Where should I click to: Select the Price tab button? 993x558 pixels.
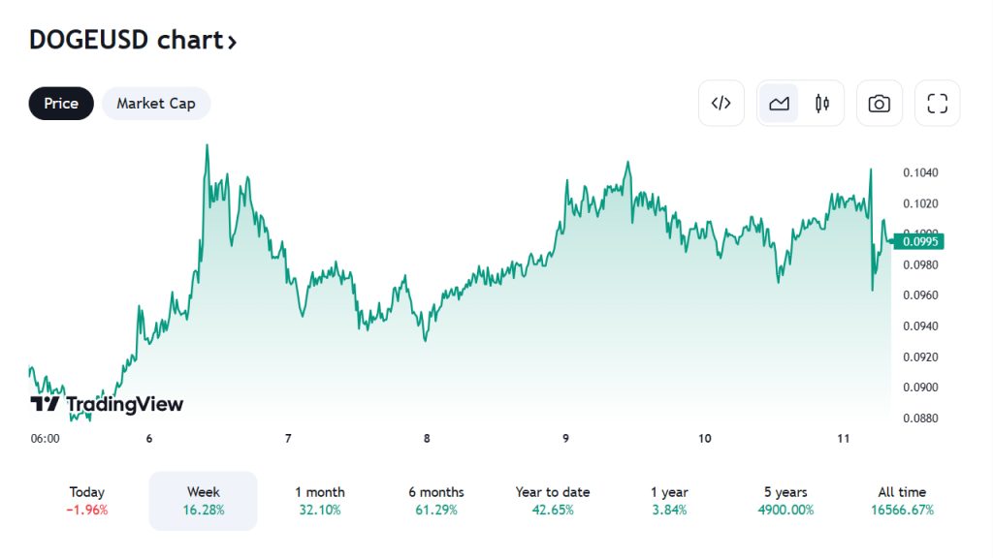[61, 104]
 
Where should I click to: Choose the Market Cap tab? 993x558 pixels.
[156, 104]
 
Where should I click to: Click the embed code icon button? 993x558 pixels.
[721, 104]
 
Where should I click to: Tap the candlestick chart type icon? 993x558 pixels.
[822, 104]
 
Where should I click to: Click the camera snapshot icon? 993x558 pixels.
[880, 104]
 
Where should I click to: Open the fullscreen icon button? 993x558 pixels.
[937, 104]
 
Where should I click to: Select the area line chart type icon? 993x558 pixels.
[779, 104]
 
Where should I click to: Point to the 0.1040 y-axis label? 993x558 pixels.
[919, 172]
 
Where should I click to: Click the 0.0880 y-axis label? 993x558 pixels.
[919, 418]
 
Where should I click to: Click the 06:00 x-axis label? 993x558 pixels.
[45, 439]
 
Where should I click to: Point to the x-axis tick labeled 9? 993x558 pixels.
[565, 439]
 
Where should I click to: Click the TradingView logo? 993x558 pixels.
[107, 404]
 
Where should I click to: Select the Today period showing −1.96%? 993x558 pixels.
[87, 501]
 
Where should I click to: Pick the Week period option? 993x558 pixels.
[203, 501]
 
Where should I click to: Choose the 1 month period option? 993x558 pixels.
[320, 501]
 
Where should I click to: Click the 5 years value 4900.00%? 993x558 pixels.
[785, 510]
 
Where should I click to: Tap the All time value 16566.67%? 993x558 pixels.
[902, 510]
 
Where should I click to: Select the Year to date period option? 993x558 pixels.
[553, 501]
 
